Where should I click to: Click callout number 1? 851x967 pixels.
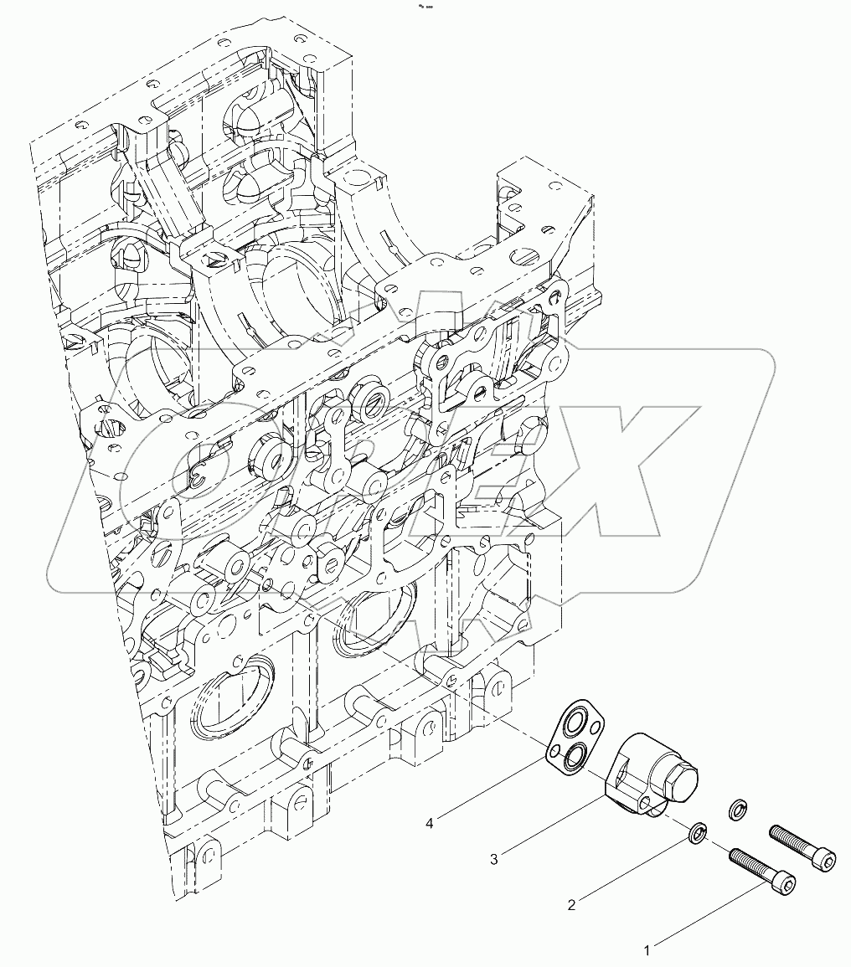click(647, 950)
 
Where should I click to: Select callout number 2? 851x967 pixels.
click(571, 904)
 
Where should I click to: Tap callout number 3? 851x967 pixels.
click(494, 858)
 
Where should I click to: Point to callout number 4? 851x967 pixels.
click(429, 823)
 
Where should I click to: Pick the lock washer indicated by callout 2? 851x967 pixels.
click(697, 834)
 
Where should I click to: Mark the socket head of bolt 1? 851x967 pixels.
click(785, 882)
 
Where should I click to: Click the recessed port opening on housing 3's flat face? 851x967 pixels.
click(621, 770)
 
